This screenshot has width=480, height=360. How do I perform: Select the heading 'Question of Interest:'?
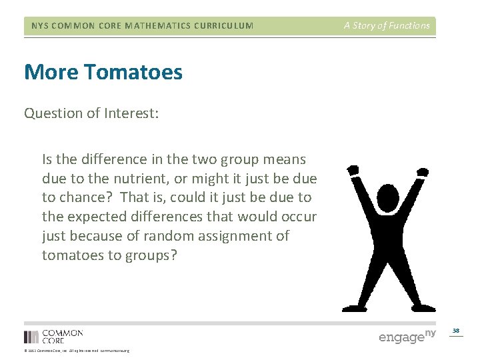pyautogui.click(x=91, y=113)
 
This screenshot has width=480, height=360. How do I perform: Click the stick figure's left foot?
pyautogui.click(x=351, y=308)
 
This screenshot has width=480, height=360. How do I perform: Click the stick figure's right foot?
pyautogui.click(x=424, y=308)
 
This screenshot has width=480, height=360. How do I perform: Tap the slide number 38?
pyautogui.click(x=456, y=331)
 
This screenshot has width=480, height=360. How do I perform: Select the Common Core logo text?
pyautogui.click(x=62, y=336)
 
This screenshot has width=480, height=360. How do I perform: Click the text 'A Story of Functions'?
pyautogui.click(x=387, y=26)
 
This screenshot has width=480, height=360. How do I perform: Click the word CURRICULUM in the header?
pyautogui.click(x=223, y=26)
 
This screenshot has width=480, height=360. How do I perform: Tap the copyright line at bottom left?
pyautogui.click(x=77, y=351)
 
